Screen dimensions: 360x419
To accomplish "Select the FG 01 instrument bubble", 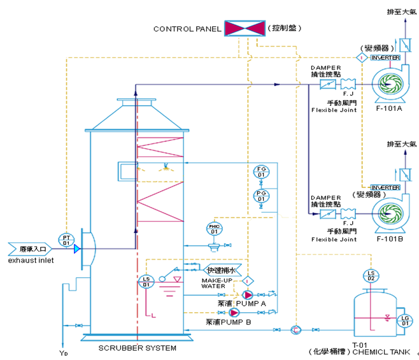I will tap(260, 172).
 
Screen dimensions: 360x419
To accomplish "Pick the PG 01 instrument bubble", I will tap(260, 196).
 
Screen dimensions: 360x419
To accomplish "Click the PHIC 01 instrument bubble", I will tap(214, 228).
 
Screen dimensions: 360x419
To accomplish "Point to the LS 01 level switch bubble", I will tap(146, 280).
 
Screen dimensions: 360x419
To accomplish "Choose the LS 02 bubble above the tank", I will tap(371, 275).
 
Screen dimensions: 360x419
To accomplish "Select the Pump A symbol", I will tap(246, 295).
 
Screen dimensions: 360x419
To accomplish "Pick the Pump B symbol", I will tap(234, 313).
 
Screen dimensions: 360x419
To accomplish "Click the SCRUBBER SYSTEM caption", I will tap(138, 349).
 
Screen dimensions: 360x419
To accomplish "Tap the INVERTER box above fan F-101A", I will tap(385, 58).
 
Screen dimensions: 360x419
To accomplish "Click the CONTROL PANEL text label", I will tap(187, 29).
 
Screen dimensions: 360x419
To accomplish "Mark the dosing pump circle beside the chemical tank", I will tap(295, 329).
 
